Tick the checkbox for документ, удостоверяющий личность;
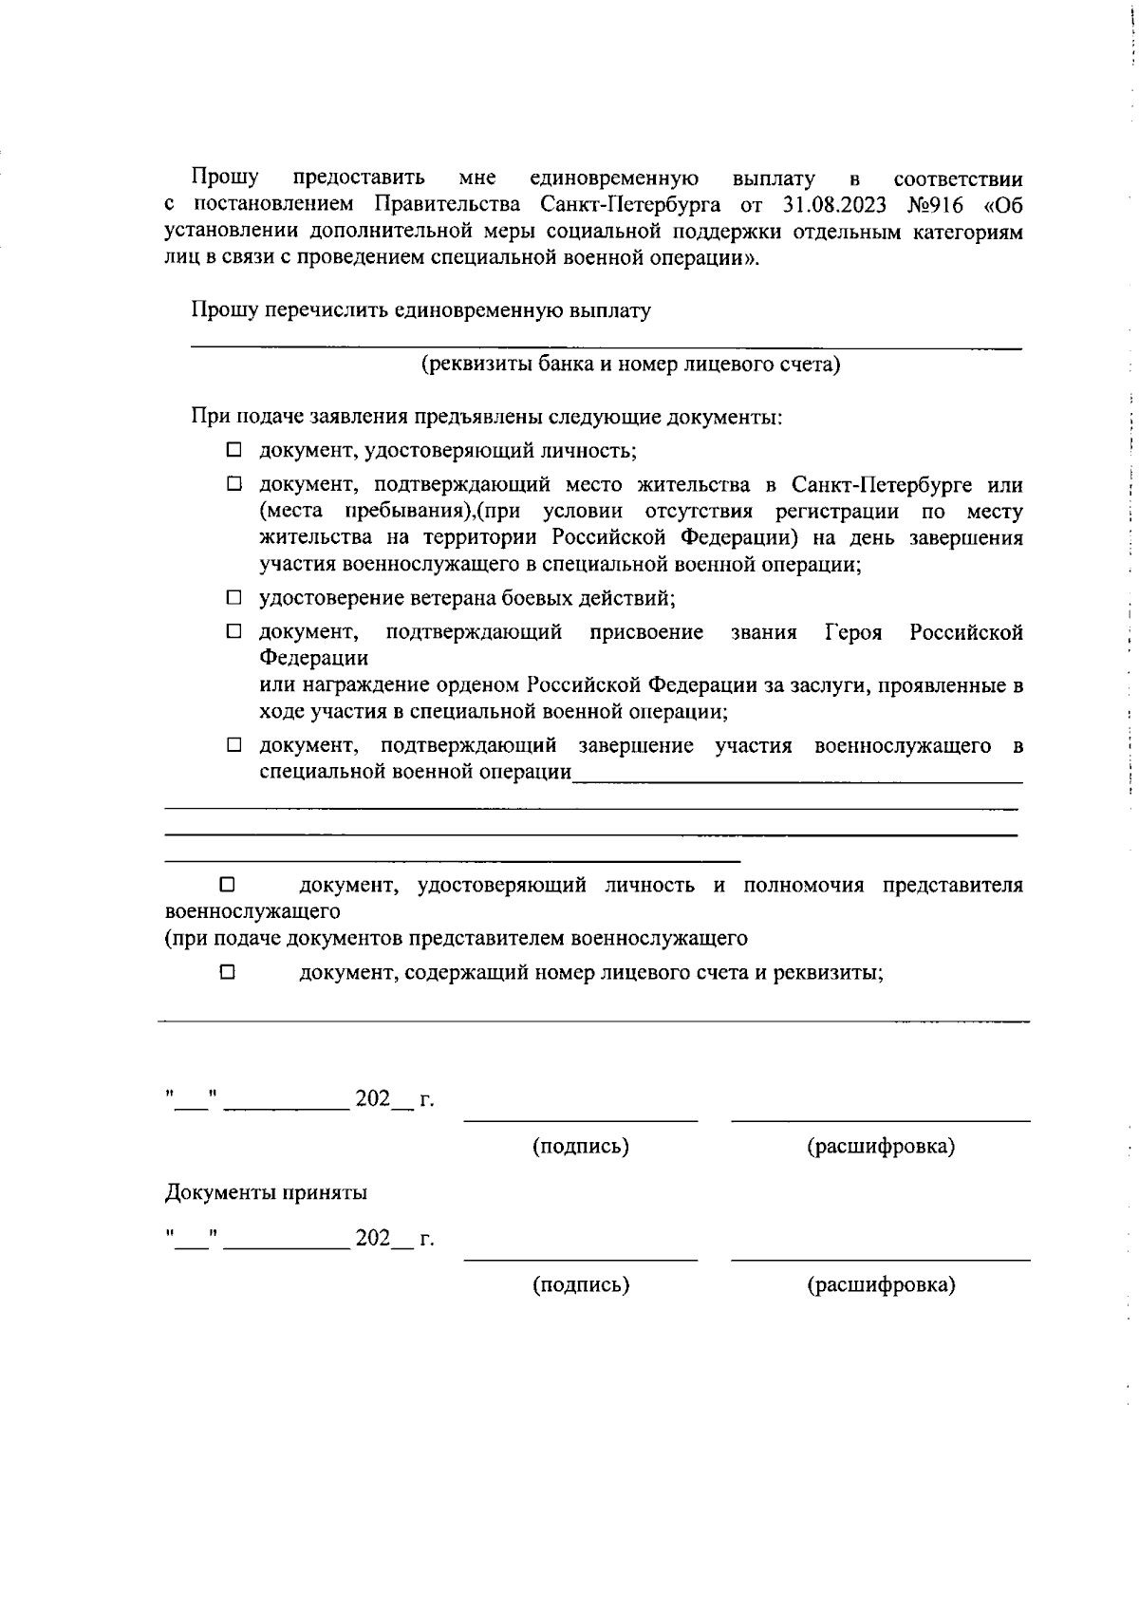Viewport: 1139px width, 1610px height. (x=233, y=450)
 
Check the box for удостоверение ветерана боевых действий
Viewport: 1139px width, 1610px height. (x=233, y=598)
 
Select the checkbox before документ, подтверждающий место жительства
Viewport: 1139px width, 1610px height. (x=233, y=485)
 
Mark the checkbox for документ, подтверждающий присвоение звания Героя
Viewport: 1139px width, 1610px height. (x=233, y=632)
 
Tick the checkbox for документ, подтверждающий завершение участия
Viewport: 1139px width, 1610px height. (x=233, y=745)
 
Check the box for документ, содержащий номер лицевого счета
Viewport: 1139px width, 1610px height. (x=227, y=972)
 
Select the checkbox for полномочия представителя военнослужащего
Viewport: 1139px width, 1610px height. (x=227, y=885)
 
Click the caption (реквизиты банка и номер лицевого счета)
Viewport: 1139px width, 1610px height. (x=631, y=365)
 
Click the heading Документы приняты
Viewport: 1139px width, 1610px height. (x=267, y=1192)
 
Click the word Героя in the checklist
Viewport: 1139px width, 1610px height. (x=853, y=632)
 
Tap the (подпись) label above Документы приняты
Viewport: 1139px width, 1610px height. (x=581, y=1146)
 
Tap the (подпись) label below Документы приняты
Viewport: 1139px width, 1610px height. (x=581, y=1284)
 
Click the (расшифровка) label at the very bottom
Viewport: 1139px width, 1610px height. (x=881, y=1284)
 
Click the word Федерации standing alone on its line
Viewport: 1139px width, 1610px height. (x=314, y=657)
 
